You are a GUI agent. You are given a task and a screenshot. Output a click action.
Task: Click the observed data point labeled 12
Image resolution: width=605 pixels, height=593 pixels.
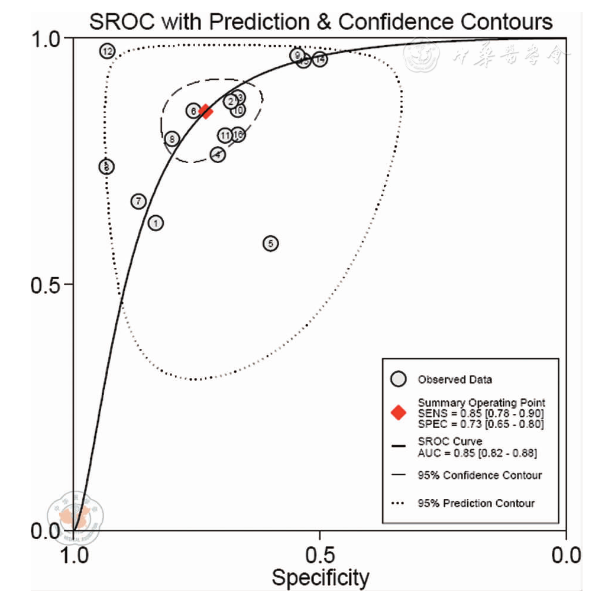pos(107,51)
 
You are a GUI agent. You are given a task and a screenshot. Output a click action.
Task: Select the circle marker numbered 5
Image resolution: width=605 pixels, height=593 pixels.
pos(270,243)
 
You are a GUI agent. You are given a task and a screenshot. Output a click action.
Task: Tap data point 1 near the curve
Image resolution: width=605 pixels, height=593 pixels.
pos(156,223)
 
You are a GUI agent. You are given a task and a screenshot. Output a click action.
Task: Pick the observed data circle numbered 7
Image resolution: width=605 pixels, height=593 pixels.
pos(138,202)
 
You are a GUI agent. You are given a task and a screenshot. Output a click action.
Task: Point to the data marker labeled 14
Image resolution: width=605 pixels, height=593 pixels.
pos(320,59)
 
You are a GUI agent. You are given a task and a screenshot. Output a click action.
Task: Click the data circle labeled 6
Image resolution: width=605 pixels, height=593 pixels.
pos(193,111)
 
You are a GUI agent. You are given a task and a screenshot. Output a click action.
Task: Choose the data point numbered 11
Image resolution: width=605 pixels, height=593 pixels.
pos(225,135)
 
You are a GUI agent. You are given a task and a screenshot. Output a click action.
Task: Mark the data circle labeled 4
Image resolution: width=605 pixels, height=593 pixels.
pos(218,154)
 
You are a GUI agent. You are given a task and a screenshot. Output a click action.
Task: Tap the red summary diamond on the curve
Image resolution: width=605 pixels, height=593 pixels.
pos(206,111)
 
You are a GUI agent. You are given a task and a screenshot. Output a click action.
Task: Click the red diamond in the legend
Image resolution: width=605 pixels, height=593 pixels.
pos(399,413)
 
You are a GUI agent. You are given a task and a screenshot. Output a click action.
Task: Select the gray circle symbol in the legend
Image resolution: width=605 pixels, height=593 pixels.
pos(399,379)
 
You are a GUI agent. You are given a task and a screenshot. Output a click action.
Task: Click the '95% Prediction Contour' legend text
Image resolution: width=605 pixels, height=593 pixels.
pos(476,503)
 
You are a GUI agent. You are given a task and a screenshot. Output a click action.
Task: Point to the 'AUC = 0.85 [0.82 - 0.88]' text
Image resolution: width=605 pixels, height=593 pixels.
pos(477,453)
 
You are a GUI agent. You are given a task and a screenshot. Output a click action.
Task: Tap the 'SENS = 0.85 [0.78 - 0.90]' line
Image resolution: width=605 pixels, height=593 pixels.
pos(481,413)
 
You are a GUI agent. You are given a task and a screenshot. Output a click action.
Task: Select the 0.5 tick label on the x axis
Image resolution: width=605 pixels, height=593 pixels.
pos(319,555)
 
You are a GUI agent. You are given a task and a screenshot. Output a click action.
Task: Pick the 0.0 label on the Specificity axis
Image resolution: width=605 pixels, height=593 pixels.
pos(567,555)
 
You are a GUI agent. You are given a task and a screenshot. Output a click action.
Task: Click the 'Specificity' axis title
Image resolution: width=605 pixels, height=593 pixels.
pos(320,577)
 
